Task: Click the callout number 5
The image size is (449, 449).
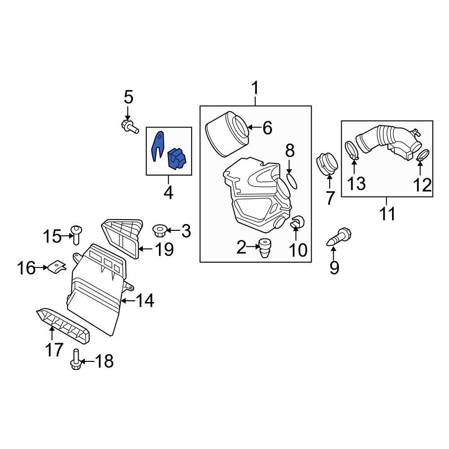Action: tap(128, 97)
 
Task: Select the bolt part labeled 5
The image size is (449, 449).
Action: tap(128, 126)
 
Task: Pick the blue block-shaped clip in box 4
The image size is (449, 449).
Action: tap(176, 159)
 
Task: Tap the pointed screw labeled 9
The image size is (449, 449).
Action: tap(339, 237)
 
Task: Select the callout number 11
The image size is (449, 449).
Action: tap(387, 214)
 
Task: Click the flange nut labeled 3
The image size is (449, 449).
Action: tap(159, 231)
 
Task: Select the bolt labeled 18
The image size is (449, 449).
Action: tap(76, 360)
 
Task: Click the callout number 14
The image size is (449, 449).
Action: tap(145, 301)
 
